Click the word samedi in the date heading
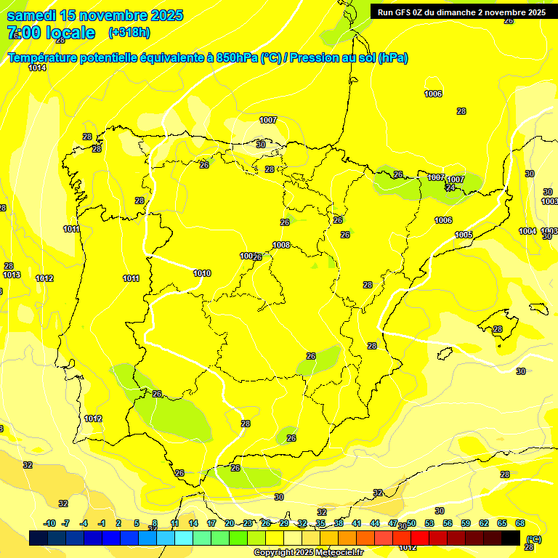31,15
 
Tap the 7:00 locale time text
51,33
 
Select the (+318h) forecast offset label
129,33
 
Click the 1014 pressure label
37,68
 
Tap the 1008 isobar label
282,245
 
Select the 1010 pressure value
202,273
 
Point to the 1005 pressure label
464,235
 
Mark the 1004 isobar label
527,231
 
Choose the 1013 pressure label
12,275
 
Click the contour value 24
450,187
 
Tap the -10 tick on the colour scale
49,523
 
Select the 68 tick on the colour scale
520,523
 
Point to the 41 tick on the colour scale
356,523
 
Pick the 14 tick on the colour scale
193,523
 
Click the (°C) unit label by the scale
533,538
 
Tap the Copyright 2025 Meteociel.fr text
307,552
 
